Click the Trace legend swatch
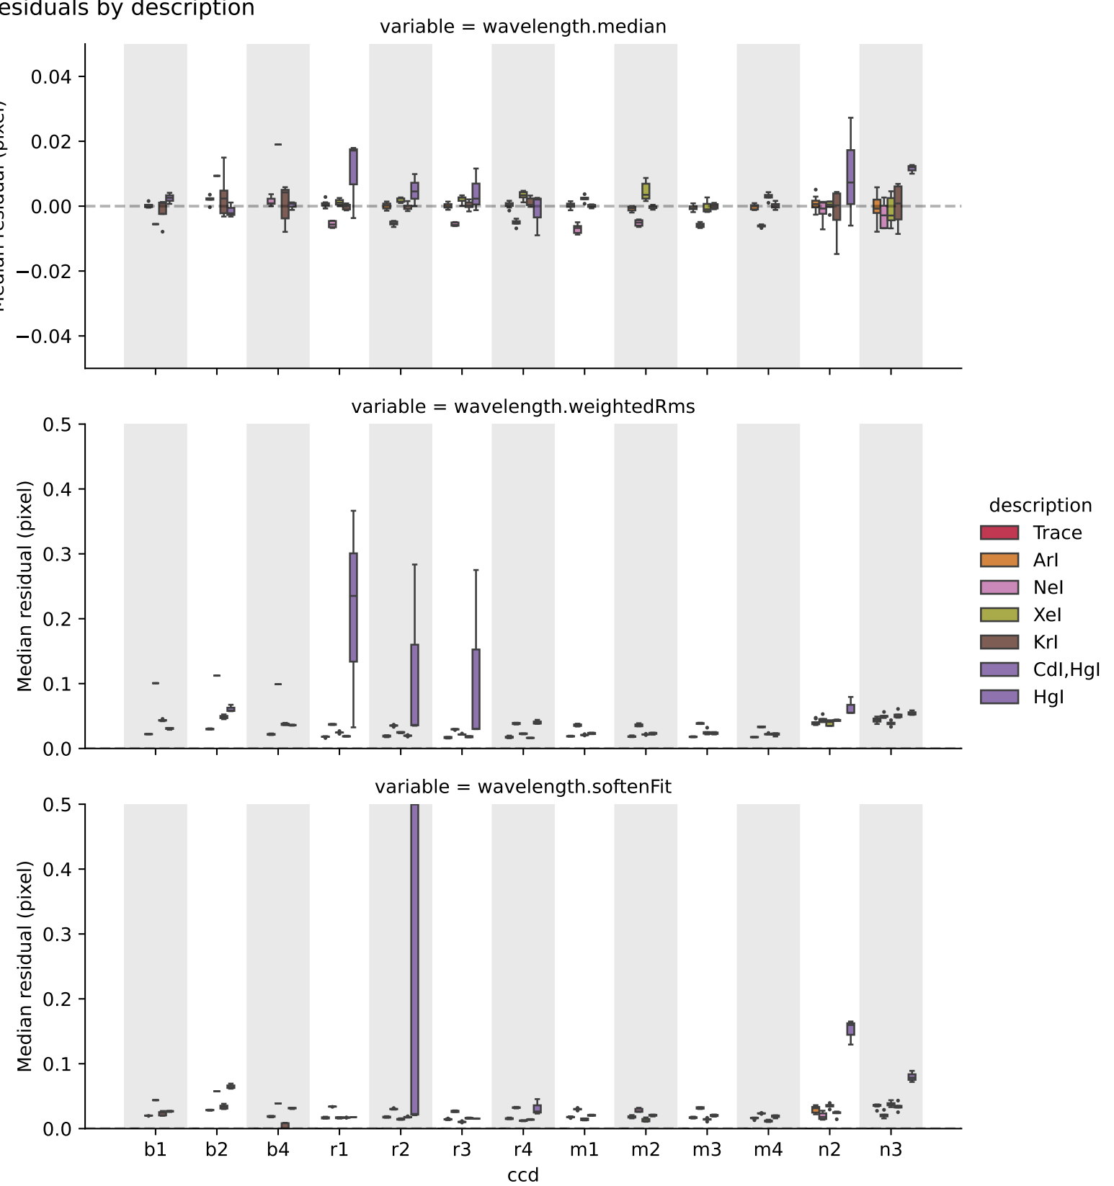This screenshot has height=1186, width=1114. pos(999,532)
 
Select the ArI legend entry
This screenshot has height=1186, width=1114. pos(1045,560)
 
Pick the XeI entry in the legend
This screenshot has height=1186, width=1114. pos(1047,615)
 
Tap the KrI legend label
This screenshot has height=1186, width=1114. pos(1045,642)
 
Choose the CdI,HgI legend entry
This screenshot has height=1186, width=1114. pos(1066,669)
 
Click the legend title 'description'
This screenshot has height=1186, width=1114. pos(1040,505)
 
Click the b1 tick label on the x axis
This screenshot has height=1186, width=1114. pos(155,1149)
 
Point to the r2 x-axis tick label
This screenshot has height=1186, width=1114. pos(401,1149)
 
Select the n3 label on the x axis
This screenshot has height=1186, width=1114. pos(891,1149)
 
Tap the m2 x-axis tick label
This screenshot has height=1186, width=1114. pos(646,1149)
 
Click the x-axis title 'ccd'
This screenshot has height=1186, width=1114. pos(522,1175)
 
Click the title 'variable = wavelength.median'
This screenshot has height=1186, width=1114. pos(522,27)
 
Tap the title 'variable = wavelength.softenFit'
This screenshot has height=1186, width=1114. pos(522,787)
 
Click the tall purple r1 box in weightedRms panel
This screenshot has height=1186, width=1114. pos(353,607)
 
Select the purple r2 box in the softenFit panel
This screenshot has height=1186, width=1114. pos(414,958)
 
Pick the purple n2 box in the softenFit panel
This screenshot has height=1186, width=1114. pos(850,1028)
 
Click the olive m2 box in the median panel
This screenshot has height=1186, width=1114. pos(646,191)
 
